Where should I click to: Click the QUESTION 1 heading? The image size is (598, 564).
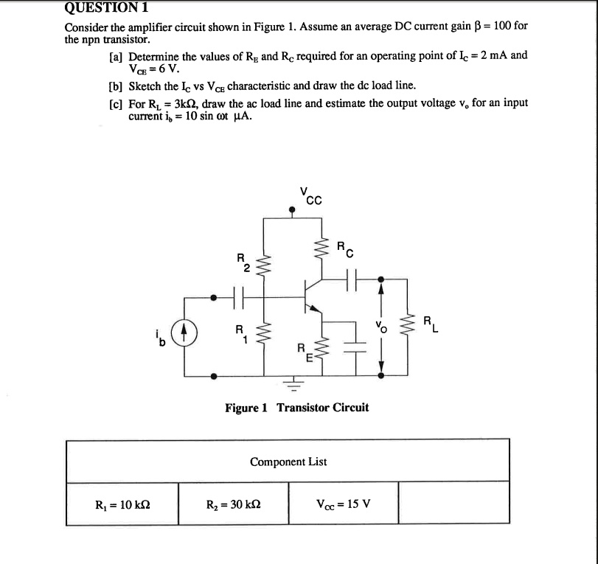[107, 8]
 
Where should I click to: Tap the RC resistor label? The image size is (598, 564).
[344, 249]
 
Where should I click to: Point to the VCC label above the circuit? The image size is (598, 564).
[310, 196]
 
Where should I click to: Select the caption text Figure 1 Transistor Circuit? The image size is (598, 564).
[297, 408]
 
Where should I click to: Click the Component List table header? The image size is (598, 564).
[288, 462]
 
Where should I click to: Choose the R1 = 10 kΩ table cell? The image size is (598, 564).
[123, 505]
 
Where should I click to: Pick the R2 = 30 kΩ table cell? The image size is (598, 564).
[234, 505]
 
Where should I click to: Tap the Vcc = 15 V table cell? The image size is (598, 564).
[343, 505]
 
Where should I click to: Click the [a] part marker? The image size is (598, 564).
[116, 56]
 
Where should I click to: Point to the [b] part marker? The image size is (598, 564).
[116, 86]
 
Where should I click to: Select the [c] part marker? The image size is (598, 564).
[116, 102]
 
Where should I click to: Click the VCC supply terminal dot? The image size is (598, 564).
[293, 210]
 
